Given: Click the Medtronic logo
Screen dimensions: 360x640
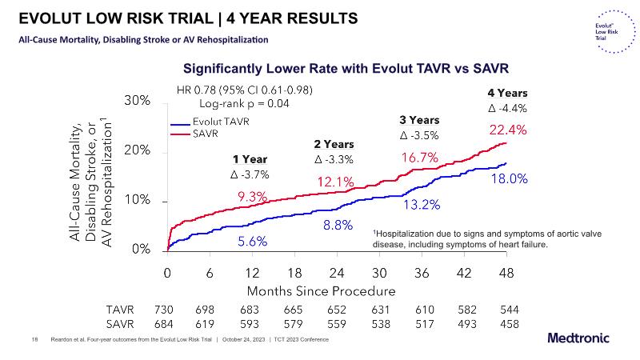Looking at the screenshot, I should click(582, 338).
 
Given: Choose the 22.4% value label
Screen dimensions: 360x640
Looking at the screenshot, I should click(506, 130).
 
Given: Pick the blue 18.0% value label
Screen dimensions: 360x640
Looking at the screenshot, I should click(509, 179).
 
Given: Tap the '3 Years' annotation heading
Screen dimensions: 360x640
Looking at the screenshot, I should click(419, 120).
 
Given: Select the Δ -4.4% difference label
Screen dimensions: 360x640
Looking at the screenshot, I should click(507, 108).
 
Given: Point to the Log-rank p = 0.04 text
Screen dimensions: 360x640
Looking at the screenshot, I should click(243, 103).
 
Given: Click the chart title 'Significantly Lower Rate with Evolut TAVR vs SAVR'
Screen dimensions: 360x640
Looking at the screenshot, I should click(346, 69).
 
